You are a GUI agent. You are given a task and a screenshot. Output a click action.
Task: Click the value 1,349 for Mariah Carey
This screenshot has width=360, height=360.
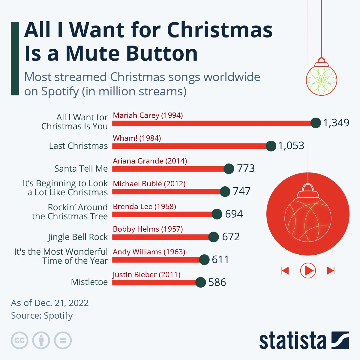(x=336, y=123)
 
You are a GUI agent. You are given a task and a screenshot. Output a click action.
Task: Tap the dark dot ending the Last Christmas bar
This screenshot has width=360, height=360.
(x=271, y=146)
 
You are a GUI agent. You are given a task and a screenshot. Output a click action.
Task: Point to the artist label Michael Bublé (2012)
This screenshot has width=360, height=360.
(x=149, y=184)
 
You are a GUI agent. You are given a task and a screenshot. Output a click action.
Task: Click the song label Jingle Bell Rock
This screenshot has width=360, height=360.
(x=78, y=237)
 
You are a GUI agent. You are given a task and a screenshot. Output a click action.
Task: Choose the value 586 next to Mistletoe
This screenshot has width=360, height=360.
(x=217, y=282)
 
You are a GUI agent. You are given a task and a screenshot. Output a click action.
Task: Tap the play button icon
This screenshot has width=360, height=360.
(x=308, y=271)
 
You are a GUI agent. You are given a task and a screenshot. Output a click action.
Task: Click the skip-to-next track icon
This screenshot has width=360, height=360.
(x=331, y=271)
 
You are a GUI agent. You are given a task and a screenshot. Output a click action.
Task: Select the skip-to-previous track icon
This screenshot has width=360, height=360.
(x=285, y=271)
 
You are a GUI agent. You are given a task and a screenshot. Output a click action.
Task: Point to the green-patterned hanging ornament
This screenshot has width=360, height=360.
(x=321, y=79)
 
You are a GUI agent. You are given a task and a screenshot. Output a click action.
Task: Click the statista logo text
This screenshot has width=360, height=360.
(x=292, y=340)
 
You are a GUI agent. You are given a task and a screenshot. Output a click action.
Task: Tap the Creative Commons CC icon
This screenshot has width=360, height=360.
(x=19, y=340)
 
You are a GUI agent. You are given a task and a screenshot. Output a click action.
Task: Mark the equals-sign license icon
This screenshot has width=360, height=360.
(x=63, y=340)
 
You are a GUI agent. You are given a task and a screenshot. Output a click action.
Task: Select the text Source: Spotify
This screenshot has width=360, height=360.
(x=42, y=316)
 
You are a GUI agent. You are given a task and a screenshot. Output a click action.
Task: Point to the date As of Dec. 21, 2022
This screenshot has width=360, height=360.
(x=50, y=303)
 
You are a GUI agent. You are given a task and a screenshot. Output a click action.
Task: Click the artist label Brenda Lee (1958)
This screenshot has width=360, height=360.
(x=144, y=206)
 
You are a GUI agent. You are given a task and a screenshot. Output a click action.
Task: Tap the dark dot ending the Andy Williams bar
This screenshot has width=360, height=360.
(x=204, y=260)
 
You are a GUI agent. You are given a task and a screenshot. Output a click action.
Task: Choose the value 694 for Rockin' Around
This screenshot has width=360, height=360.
(x=234, y=214)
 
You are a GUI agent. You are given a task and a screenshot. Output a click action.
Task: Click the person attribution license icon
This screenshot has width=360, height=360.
(x=41, y=340)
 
